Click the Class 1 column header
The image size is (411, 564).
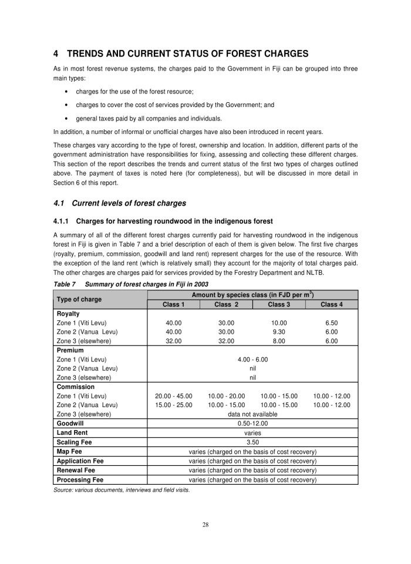click(173, 304)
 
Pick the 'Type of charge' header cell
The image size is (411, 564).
click(78, 299)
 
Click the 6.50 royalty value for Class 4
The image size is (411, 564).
click(332, 323)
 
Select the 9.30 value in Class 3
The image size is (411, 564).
click(279, 331)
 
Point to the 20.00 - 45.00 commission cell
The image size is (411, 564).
click(173, 396)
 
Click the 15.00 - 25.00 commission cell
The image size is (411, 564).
click(173, 405)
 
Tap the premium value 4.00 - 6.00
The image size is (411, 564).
click(252, 359)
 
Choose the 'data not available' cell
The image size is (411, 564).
click(252, 414)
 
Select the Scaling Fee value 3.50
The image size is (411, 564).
click(252, 441)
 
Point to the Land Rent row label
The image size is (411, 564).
click(73, 432)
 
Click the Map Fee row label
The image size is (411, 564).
click(69, 451)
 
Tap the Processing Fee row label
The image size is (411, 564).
click(80, 480)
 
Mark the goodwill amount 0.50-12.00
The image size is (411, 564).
click(252, 423)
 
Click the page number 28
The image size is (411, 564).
click(206, 525)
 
